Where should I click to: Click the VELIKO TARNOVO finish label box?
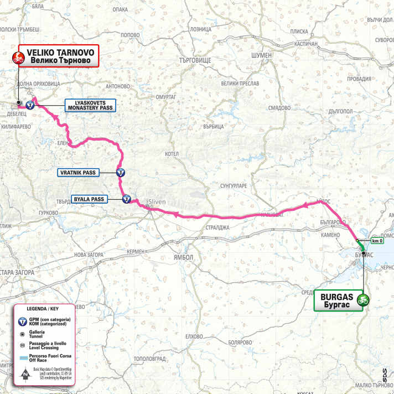(59, 55)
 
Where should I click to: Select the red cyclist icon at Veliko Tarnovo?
(18, 56)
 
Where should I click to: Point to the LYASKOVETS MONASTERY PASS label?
(89, 105)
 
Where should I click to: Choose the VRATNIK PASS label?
(77, 173)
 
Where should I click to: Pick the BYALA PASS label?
(89, 198)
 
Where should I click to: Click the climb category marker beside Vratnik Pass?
(120, 173)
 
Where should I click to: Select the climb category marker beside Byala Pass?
(126, 198)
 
